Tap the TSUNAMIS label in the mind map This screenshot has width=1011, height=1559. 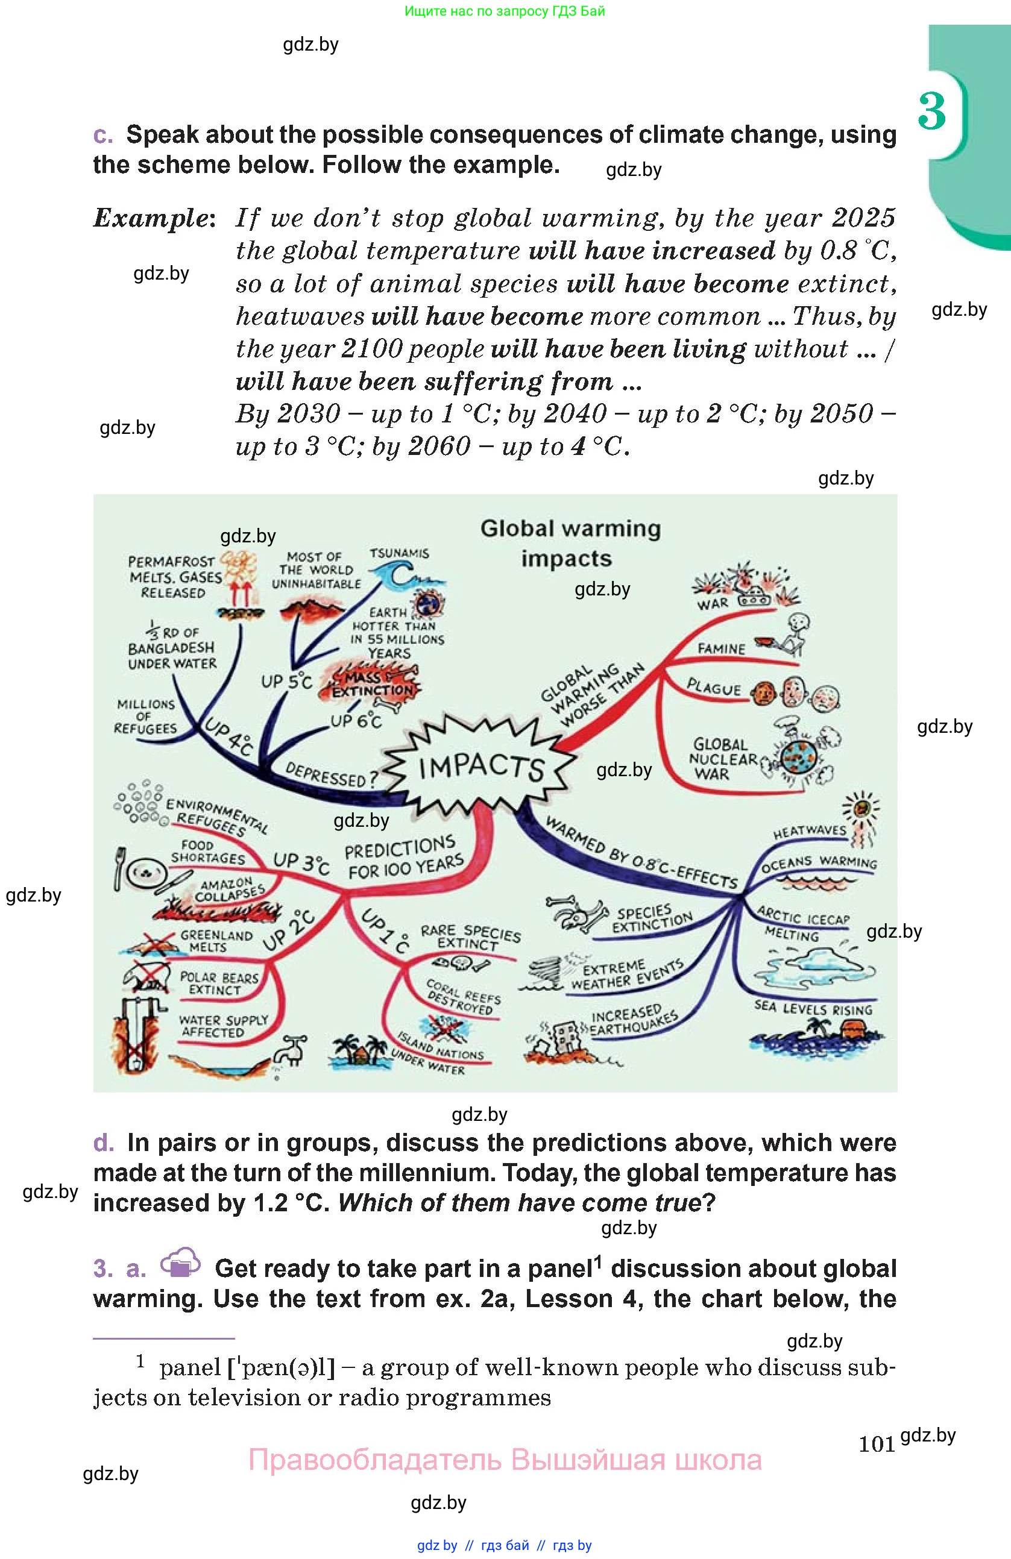[399, 553]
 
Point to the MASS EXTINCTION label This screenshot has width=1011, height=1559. [371, 685]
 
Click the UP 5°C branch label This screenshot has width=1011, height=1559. [286, 681]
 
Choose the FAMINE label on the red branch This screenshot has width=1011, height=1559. [721, 649]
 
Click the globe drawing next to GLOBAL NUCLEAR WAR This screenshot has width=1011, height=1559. [799, 758]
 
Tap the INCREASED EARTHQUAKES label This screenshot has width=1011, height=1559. [632, 1021]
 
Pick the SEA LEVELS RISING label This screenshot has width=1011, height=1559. [813, 1009]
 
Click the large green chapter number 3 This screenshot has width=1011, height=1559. [931, 111]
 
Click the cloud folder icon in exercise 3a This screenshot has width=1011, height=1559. [180, 1263]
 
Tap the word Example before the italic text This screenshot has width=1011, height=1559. [151, 218]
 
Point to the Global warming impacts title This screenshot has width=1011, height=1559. [570, 543]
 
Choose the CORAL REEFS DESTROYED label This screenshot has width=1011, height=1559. [462, 997]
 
